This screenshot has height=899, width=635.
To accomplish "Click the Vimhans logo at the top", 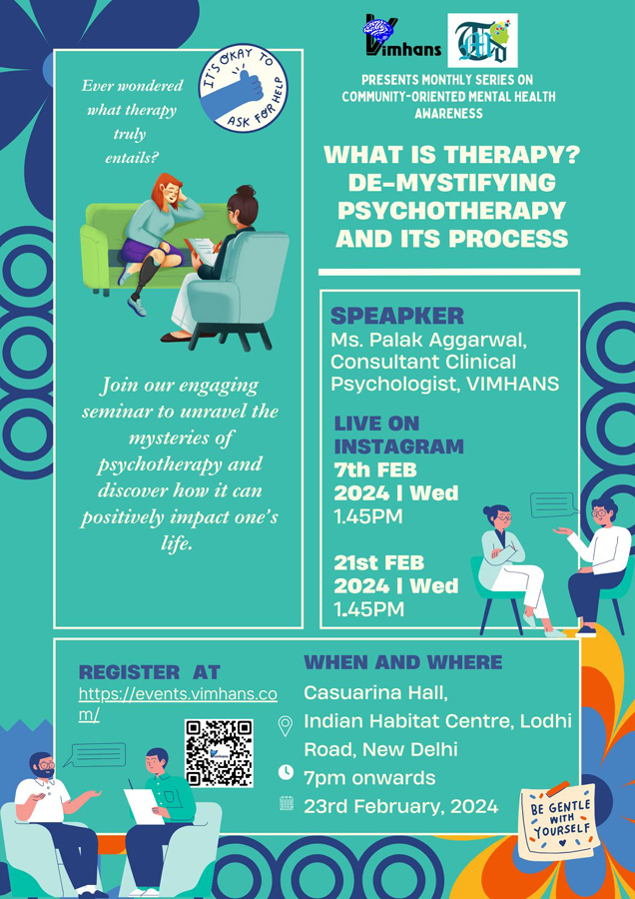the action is coord(402,37).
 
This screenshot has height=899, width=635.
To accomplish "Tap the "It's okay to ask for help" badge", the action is coord(243,88).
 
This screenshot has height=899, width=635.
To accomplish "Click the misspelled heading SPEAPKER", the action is coord(397,316).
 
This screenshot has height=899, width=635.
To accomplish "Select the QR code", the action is coord(219,753).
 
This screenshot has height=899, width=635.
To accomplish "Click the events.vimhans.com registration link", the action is coord(179,704).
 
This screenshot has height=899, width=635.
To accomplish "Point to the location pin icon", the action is coord(285,726).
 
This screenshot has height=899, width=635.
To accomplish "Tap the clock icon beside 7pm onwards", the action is coord(286,772).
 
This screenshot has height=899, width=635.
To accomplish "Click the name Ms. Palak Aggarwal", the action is coord(428,342).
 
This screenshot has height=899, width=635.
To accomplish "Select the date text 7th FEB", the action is coord(375,470).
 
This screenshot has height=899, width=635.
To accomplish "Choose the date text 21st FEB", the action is coord(379,563).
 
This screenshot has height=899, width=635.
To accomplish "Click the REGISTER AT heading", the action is coord(149,672).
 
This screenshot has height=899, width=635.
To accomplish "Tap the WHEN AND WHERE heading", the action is coord(403,662).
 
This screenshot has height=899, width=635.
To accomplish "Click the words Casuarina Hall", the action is coord(375,692).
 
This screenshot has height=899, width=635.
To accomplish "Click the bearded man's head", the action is coord(42,766).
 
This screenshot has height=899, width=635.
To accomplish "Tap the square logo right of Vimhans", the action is coord(482,40).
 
